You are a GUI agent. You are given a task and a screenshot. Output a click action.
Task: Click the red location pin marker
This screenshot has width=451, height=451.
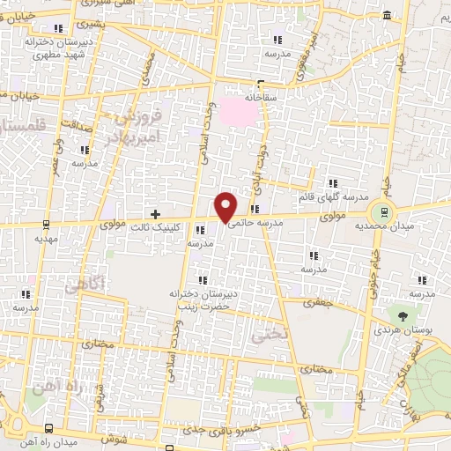click(226, 207)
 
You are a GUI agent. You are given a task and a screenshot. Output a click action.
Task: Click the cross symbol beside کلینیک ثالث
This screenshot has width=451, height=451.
click(156, 214)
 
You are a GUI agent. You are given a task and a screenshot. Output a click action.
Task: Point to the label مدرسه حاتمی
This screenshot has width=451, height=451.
click(256, 224)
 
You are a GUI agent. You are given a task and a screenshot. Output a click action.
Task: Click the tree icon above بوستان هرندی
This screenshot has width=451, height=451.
click(403, 314)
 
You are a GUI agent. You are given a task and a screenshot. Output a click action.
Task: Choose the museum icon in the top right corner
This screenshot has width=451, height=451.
click(388, 16)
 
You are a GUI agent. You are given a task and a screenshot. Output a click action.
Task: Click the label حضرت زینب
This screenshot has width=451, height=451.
click(202, 307)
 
